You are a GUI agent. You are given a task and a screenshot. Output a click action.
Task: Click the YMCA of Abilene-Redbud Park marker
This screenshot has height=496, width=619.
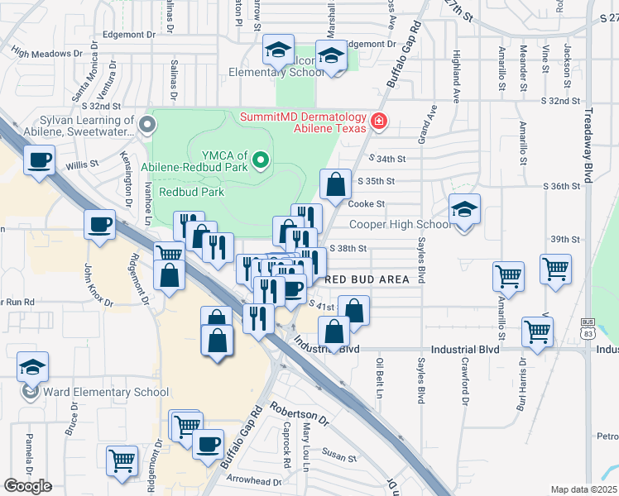(x=262, y=158)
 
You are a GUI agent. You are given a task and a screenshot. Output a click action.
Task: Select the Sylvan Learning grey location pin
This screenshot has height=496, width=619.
(x=148, y=126)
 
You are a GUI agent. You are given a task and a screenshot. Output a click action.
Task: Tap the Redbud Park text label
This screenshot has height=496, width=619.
(x=192, y=192)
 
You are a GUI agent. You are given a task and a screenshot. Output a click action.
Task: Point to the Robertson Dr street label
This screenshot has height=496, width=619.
(x=300, y=415)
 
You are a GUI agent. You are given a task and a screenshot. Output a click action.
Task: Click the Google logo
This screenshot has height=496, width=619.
(x=27, y=486)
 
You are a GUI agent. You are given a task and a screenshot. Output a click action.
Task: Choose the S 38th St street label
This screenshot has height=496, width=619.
(x=348, y=248)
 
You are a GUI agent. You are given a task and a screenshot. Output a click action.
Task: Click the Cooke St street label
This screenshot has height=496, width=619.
(x=367, y=203)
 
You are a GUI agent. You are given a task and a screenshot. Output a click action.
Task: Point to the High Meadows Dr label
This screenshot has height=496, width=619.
(x=47, y=52)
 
